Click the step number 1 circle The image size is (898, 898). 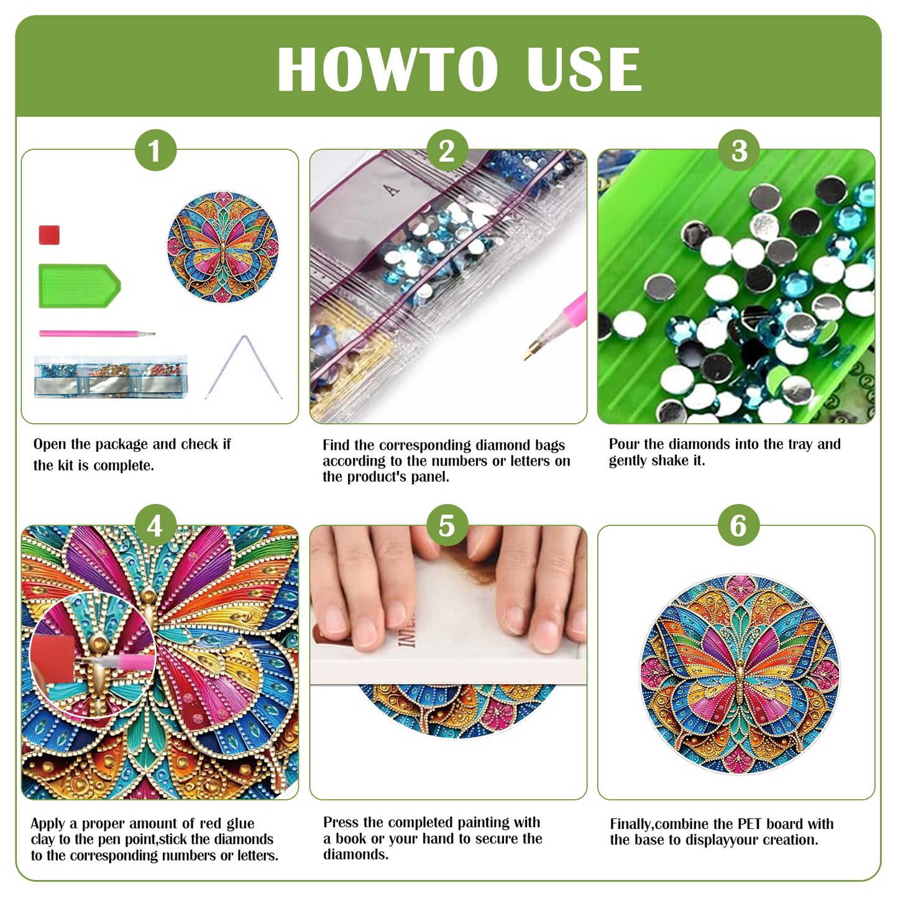point(155,150)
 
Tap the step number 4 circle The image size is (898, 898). point(155,526)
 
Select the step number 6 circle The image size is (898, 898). point(738,526)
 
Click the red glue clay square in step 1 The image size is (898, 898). point(49,235)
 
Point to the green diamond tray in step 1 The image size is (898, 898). point(78,286)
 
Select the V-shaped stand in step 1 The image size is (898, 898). point(244,367)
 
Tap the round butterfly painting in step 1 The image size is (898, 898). point(222,247)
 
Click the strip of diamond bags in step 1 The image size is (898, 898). point(111,377)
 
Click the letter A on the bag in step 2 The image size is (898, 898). point(392,190)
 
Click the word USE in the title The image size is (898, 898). point(583,70)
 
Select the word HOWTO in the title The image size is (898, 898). point(387,70)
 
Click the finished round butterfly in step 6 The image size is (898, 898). point(739,674)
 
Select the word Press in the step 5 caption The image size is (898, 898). point(340,822)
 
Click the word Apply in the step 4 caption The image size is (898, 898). point(48,824)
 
